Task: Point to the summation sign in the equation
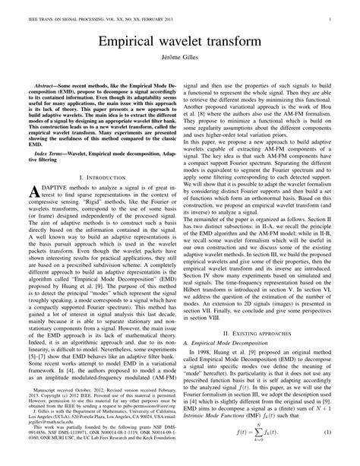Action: pyautogui.click(x=269, y=454)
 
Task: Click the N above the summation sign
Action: pyautogui.click(x=269, y=443)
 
